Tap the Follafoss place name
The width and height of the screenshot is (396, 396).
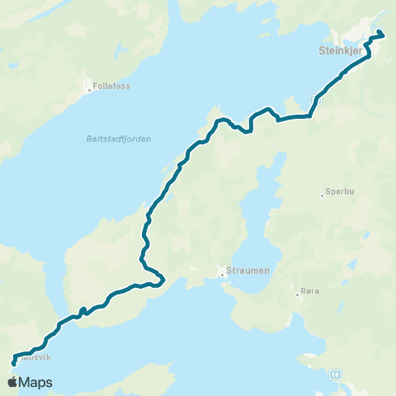(x=113, y=86)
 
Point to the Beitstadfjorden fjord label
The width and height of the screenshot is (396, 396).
(x=118, y=139)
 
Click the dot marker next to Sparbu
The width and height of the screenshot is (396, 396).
(x=322, y=196)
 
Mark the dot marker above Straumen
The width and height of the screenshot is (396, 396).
(x=222, y=275)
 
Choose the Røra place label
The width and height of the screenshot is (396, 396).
(x=311, y=292)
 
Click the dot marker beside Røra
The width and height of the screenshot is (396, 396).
(x=298, y=292)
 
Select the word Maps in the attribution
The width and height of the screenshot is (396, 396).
(x=36, y=383)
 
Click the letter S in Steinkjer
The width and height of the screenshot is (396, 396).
(x=320, y=49)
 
